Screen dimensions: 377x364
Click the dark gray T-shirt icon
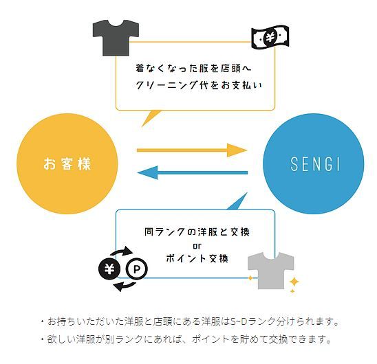(116, 38)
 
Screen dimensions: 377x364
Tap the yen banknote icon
(270, 37)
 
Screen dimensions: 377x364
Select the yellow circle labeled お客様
(67, 163)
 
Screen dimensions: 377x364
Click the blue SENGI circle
(314, 163)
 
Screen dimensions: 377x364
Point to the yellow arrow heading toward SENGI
(192, 150)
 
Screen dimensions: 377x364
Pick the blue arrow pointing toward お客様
(193, 172)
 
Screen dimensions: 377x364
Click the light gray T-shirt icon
(271, 271)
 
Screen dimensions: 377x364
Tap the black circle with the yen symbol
(109, 269)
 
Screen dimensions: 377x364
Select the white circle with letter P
(137, 269)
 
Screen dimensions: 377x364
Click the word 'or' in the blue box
(197, 246)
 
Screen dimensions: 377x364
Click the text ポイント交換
(197, 259)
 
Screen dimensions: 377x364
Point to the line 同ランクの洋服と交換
(197, 232)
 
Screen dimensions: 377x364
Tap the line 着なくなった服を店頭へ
(193, 69)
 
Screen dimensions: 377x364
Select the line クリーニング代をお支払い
(199, 85)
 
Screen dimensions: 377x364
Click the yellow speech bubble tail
(150, 117)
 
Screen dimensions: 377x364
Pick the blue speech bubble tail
(238, 202)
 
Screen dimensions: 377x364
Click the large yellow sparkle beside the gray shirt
(294, 282)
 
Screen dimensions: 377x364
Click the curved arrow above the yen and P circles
(121, 251)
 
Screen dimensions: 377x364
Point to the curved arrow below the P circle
(125, 286)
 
